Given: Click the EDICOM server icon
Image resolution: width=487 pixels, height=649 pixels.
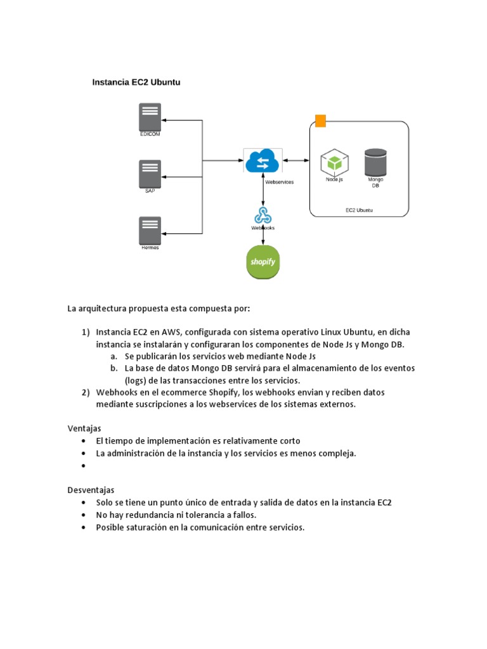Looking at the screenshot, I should click(x=150, y=117).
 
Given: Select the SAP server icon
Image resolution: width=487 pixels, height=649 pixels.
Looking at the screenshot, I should click(x=150, y=174).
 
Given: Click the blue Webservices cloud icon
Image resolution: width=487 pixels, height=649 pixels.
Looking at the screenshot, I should click(x=263, y=160).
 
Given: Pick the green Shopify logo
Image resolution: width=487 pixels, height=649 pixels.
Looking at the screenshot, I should click(x=263, y=261).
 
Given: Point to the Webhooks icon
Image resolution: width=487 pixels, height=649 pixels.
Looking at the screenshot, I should click(x=263, y=215).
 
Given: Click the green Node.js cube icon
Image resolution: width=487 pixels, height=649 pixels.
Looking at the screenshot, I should click(x=334, y=163).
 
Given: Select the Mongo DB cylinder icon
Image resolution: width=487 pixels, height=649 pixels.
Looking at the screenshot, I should click(x=375, y=162).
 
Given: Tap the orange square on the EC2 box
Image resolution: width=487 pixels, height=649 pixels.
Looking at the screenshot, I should click(x=320, y=121).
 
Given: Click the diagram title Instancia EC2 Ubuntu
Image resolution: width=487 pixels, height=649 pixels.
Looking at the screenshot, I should click(x=136, y=82).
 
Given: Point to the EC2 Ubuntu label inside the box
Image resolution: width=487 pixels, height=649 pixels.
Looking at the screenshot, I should click(x=359, y=210).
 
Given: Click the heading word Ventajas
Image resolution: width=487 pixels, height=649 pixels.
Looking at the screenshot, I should click(x=84, y=428).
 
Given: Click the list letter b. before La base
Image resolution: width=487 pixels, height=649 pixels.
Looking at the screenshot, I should click(x=114, y=368).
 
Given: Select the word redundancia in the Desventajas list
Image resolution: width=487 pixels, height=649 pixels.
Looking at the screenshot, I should click(x=148, y=515).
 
